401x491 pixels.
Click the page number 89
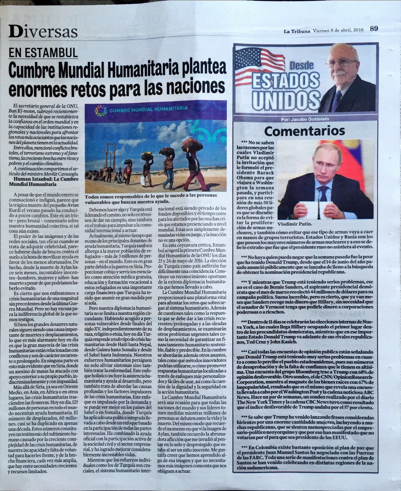(374, 28)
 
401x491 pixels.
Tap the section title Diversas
(43, 31)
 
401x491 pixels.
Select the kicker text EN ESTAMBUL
(43, 53)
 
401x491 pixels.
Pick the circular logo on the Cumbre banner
(101, 111)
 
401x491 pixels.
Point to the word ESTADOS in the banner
(286, 82)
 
